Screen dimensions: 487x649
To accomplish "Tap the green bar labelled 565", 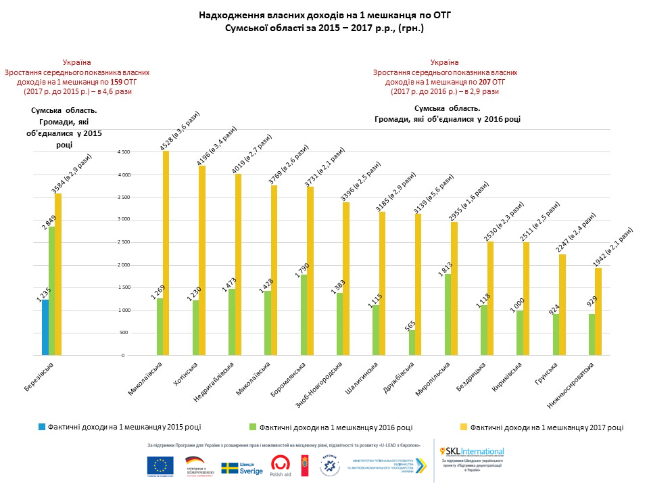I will pos(412,343).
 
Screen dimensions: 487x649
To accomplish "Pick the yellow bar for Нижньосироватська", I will pos(598,311).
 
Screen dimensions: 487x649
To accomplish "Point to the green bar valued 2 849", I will pos(52,291).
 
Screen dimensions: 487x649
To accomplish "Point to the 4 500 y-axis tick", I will pos(124,153).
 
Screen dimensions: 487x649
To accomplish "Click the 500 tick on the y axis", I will pos(126,333).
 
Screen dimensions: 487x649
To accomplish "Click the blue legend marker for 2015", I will pos(42,427).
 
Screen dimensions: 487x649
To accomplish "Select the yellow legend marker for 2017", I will pos(464,427).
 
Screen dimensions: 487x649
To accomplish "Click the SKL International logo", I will pos(472,451).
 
